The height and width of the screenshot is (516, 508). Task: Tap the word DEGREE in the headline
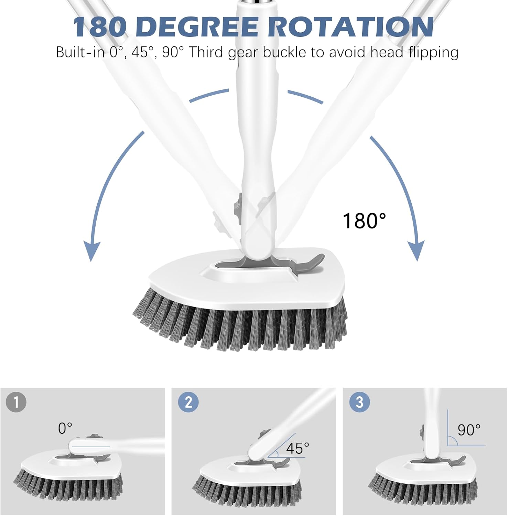click(x=199, y=26)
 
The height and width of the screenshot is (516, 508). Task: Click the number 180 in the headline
click(x=100, y=26)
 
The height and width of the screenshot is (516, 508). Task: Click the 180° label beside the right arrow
click(x=364, y=221)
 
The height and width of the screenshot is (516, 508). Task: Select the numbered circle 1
click(x=16, y=402)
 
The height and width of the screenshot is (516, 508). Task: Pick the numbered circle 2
click(x=188, y=402)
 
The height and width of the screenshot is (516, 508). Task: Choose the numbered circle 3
click(x=359, y=402)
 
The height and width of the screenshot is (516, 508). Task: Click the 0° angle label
click(x=65, y=428)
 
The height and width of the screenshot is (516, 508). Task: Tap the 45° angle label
click(x=297, y=448)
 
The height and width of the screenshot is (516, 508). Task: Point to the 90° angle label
click(x=468, y=430)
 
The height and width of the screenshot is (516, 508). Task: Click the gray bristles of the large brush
click(x=241, y=327)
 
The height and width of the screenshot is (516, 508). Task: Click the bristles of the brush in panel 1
click(x=69, y=488)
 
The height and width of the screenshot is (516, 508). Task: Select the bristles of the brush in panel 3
click(x=423, y=488)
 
